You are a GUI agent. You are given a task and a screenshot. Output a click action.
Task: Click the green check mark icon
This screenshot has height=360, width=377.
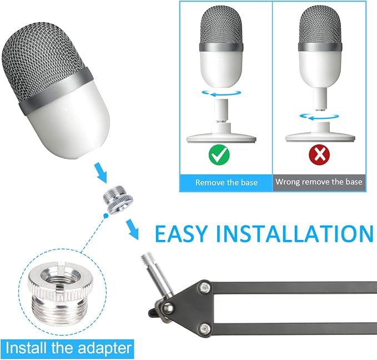(219, 155)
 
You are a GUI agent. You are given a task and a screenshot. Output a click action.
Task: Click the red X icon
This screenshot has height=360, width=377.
(319, 155)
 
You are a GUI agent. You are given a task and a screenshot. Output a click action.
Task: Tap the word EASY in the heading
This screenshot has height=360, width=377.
(181, 234)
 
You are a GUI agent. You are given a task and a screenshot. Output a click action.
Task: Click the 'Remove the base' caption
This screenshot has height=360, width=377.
(226, 182)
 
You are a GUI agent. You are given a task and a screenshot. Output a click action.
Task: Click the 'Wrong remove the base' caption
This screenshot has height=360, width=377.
(319, 182)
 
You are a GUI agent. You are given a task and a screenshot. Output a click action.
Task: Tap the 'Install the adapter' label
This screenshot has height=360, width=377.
(68, 348)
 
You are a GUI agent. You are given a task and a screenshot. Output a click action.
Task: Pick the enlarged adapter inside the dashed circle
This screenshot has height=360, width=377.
(58, 293)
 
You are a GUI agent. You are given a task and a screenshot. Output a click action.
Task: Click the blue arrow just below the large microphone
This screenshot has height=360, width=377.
(101, 172)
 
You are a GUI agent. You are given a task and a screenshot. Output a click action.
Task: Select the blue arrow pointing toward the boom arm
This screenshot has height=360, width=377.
(133, 229)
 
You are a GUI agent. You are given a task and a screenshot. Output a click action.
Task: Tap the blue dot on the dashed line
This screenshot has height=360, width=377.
(105, 216)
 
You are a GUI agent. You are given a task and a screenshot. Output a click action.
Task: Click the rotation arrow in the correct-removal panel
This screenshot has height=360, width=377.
(222, 93)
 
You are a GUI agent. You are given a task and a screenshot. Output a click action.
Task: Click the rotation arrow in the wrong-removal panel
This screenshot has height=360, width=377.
(319, 117)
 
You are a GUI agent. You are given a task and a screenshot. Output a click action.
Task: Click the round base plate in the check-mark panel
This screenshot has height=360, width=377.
(221, 139)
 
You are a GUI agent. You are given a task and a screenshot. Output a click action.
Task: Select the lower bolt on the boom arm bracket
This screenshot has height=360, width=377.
(205, 328)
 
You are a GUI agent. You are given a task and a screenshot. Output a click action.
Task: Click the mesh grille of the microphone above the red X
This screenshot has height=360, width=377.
(320, 25)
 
